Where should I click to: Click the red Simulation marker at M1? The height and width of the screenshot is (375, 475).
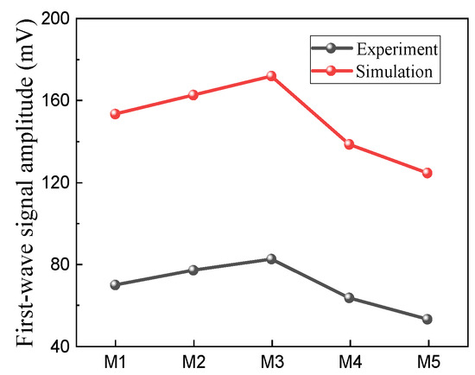click(x=115, y=114)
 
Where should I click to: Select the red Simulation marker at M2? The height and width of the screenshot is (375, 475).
click(x=193, y=95)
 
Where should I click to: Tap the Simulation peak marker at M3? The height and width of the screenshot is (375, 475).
click(x=271, y=75)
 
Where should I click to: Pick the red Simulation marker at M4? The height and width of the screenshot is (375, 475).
click(x=349, y=144)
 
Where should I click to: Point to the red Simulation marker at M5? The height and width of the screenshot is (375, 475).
click(x=427, y=173)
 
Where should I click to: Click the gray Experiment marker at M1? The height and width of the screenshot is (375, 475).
click(x=115, y=284)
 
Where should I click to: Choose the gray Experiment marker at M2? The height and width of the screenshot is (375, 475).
click(x=193, y=270)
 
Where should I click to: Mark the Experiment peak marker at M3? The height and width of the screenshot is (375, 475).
click(x=271, y=259)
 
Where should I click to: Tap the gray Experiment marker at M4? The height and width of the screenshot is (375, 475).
click(x=349, y=298)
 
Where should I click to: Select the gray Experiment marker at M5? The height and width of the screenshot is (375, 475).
click(x=427, y=319)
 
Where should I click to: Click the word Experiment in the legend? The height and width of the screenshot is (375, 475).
click(x=397, y=49)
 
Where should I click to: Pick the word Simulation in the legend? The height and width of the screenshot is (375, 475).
click(x=394, y=72)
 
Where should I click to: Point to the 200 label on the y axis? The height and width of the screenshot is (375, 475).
click(x=56, y=19)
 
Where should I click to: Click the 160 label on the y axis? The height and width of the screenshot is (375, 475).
click(x=56, y=101)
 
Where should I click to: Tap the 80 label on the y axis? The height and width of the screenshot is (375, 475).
click(x=60, y=264)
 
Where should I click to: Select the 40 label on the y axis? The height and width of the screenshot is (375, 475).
click(x=60, y=346)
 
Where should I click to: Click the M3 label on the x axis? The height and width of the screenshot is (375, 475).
click(x=272, y=362)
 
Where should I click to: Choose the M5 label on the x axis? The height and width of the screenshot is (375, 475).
click(x=428, y=362)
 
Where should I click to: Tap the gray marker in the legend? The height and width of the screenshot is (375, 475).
click(x=332, y=48)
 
